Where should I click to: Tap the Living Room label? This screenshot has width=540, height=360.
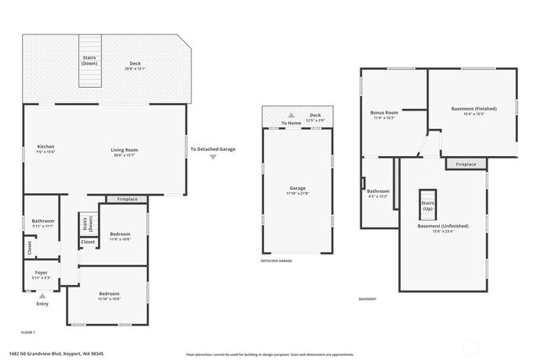(124, 152)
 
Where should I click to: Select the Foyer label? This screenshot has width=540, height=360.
(40, 274)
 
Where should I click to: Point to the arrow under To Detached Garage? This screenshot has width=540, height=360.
(213, 157)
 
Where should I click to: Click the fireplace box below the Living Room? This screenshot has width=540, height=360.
(127, 199)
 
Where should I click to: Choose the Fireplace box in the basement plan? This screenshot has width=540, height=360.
(466, 164)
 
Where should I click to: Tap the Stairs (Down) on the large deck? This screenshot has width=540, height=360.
(89, 67)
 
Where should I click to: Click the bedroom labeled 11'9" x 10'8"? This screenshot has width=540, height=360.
(120, 235)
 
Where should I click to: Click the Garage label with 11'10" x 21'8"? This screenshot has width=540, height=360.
(297, 191)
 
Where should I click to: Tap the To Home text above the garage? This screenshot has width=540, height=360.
(291, 123)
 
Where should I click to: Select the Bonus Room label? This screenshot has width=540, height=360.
(384, 115)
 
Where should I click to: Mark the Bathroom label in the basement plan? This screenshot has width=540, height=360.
(377, 193)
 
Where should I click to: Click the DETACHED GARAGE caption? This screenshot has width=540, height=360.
(276, 261)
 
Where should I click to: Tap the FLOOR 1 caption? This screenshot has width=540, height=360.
(28, 333)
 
